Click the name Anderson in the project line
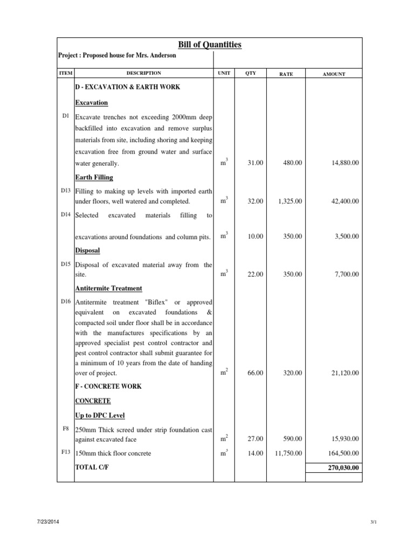161,57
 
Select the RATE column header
286,74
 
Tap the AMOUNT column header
334,74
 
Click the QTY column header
251,73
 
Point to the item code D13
66,190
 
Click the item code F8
66,428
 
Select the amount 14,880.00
343,163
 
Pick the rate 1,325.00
289,201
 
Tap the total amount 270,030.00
343,468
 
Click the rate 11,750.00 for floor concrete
288,453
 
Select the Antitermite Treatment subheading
109,288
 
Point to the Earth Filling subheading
94,177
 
